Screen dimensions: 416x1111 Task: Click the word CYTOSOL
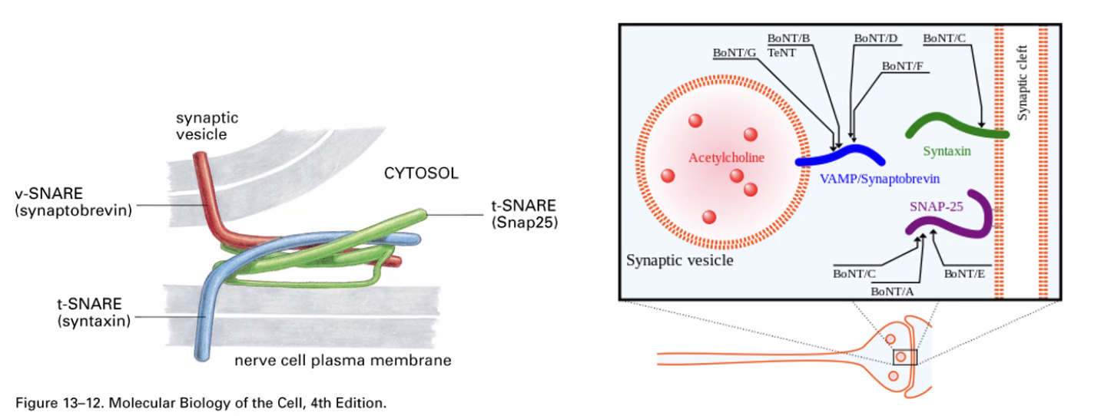pyautogui.click(x=421, y=173)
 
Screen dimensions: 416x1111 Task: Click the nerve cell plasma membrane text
pyautogui.click(x=343, y=359)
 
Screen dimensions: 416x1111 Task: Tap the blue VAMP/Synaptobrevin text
pyautogui.click(x=880, y=177)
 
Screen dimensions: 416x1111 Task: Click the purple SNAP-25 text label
pyautogui.click(x=936, y=206)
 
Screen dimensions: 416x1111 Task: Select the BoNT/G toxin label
pyautogui.click(x=734, y=53)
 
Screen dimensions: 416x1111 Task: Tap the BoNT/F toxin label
pyautogui.click(x=903, y=67)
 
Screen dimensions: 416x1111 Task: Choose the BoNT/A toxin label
pyautogui.click(x=891, y=291)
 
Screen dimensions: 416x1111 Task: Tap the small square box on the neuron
pyautogui.click(x=904, y=357)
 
